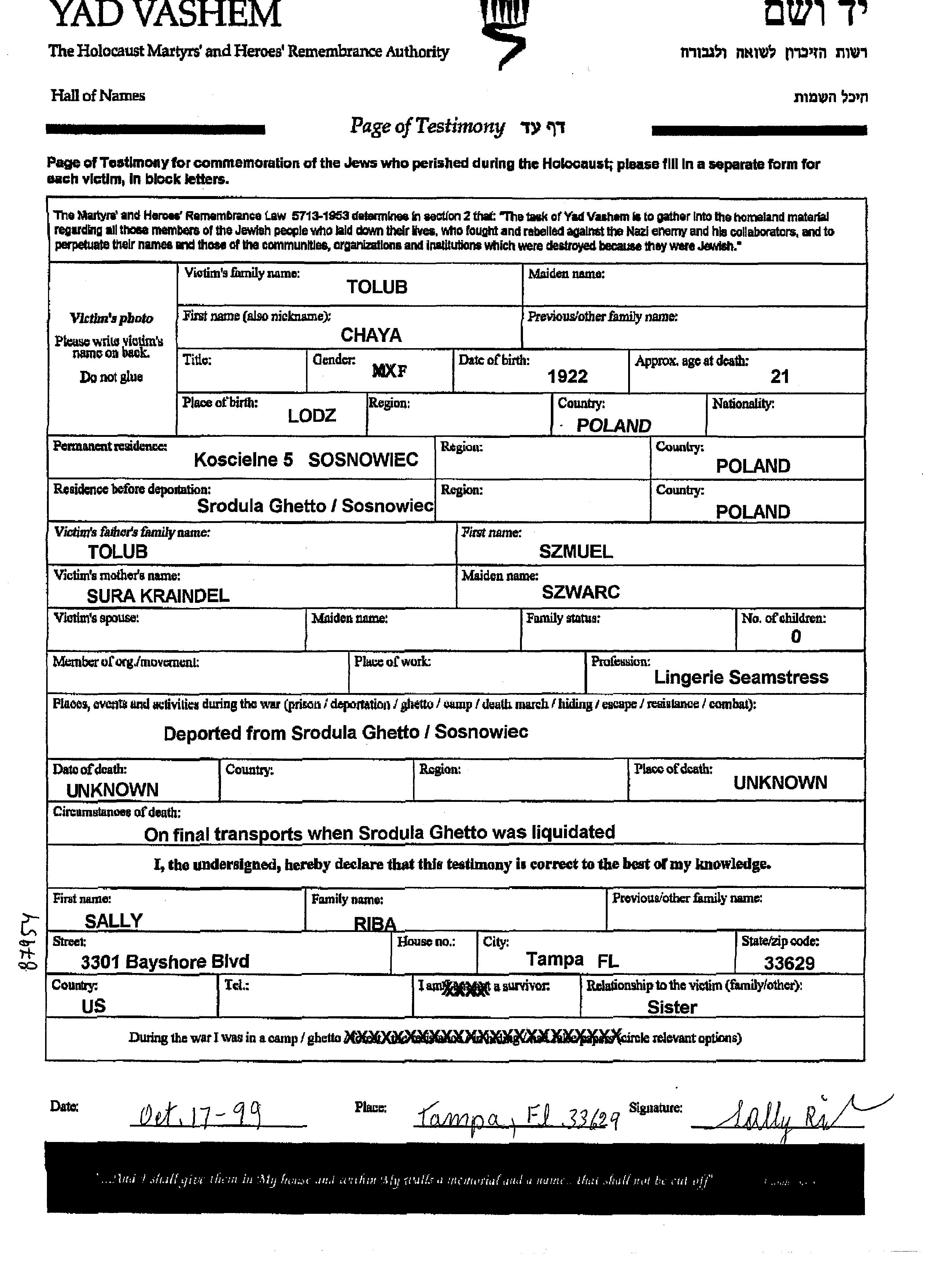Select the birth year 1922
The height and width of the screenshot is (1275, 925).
point(567,376)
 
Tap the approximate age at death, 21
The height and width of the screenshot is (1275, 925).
point(780,376)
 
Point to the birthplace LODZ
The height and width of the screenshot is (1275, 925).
point(312,416)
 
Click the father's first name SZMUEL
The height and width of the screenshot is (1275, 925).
point(576,552)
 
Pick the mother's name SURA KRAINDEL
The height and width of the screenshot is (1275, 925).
point(158,595)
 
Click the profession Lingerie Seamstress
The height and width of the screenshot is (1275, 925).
point(741,677)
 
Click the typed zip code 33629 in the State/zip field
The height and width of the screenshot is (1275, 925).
point(789,963)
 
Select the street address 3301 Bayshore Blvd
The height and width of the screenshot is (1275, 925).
point(165,961)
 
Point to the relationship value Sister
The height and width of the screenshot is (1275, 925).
point(672,1007)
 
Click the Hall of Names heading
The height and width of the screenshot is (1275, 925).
point(98,96)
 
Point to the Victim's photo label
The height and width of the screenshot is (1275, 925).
point(111,318)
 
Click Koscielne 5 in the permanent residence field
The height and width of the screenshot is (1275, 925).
point(243,460)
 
